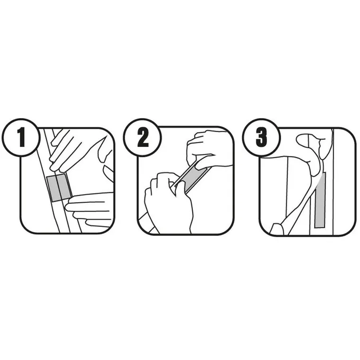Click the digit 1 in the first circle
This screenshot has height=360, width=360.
click(x=22, y=137)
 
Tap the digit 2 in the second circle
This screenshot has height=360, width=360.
click(x=143, y=137)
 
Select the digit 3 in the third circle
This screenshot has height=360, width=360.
click(x=261, y=137)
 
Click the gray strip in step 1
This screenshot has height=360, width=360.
click(x=59, y=188)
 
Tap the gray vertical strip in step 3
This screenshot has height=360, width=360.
click(x=320, y=200)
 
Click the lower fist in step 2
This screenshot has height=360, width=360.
click(x=168, y=202)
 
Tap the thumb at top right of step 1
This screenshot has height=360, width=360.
click(x=108, y=173)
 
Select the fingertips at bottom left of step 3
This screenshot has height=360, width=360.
click(x=277, y=229)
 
